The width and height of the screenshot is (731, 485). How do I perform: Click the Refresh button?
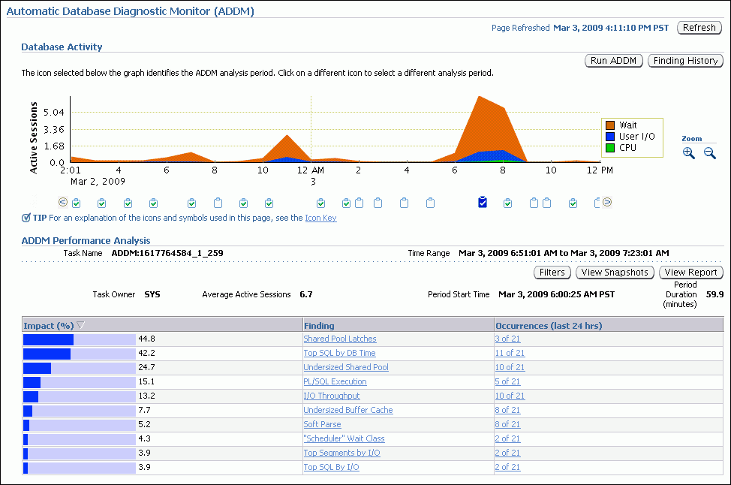(699, 28)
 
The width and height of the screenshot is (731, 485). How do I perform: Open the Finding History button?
(685, 61)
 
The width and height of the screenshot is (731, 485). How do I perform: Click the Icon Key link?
(320, 218)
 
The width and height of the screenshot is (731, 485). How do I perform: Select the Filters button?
(552, 273)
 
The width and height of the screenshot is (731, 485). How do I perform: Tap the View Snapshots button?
(615, 273)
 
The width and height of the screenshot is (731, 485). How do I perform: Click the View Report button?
(690, 273)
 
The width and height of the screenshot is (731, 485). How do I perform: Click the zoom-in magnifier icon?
(689, 153)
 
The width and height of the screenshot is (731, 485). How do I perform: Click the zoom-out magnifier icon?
(709, 153)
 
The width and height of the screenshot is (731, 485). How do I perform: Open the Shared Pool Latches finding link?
(340, 339)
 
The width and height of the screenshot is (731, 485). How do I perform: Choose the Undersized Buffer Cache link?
(348, 410)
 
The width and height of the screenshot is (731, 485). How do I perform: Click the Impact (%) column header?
(49, 326)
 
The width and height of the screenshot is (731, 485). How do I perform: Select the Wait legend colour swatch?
(610, 125)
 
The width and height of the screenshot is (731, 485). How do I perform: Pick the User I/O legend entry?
(636, 137)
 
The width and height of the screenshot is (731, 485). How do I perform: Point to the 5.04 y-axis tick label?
(54, 113)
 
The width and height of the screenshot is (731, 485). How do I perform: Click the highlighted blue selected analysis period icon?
(483, 202)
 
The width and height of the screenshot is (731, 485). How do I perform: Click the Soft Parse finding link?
(322, 424)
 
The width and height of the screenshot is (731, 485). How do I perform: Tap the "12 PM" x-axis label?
(600, 170)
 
